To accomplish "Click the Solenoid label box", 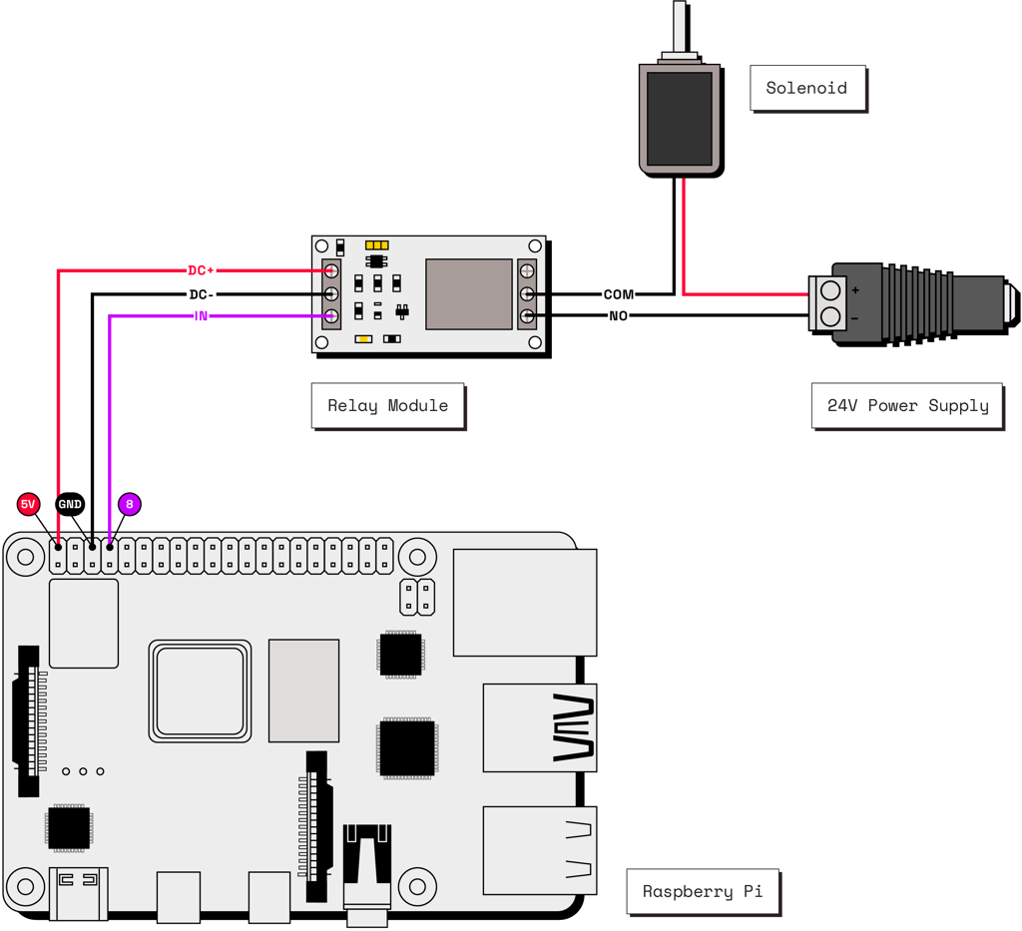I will pyautogui.click(x=806, y=88).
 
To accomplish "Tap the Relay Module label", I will pyautogui.click(x=387, y=406).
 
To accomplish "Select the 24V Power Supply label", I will pyautogui.click(x=907, y=406).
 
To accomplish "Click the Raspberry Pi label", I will pyautogui.click(x=702, y=891).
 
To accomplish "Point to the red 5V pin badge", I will pyautogui.click(x=28, y=505).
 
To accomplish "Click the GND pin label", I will pyautogui.click(x=70, y=505).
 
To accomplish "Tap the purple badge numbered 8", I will pyautogui.click(x=129, y=505).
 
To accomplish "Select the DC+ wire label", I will pyautogui.click(x=201, y=270).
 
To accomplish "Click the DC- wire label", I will pyautogui.click(x=201, y=294).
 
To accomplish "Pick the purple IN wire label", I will pyautogui.click(x=201, y=316).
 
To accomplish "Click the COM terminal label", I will pyautogui.click(x=618, y=294).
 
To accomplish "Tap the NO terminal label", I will pyautogui.click(x=618, y=316).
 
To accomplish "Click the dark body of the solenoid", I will pyautogui.click(x=680, y=119).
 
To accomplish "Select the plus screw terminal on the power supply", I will pyautogui.click(x=829, y=290).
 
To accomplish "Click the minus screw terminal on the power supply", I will pyautogui.click(x=829, y=316).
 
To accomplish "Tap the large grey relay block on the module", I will pyautogui.click(x=469, y=293).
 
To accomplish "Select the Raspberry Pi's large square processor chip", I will pyautogui.click(x=199, y=691).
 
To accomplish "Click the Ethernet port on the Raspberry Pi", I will pyautogui.click(x=524, y=602).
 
